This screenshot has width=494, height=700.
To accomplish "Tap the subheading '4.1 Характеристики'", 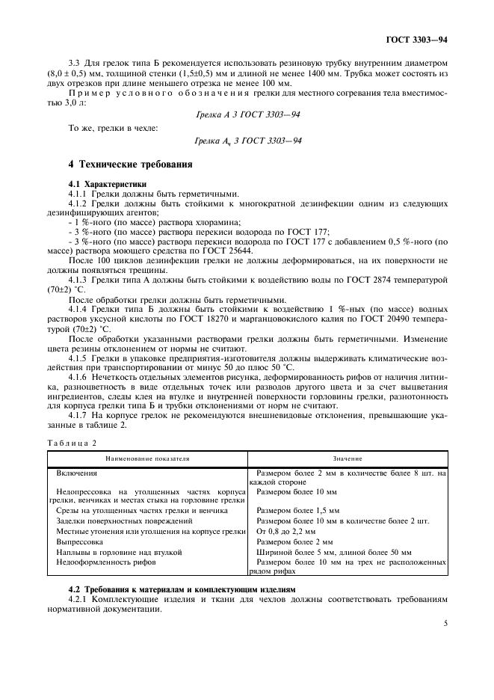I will pos(108,183).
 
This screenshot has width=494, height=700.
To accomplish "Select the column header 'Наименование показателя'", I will pos(147,458).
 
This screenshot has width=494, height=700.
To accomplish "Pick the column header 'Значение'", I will pos(348,458).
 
